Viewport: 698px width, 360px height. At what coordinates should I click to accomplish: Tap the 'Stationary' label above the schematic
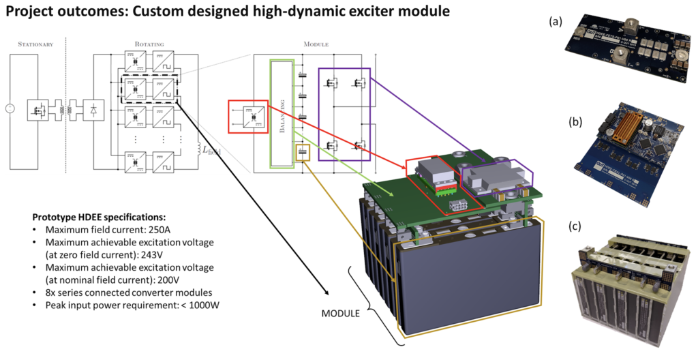(x=35, y=44)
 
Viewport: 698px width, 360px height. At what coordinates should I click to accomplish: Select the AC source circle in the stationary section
(x=9, y=108)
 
